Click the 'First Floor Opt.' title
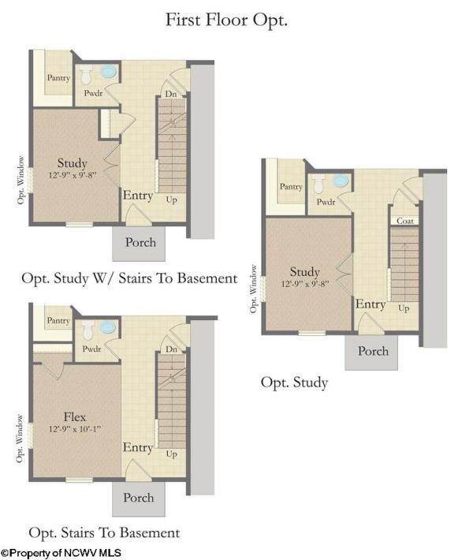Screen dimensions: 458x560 point(226,20)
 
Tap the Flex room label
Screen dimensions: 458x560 point(75,416)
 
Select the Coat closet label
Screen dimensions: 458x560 point(405,221)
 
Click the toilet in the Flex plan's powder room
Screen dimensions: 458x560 point(88,330)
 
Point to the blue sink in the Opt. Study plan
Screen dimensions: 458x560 point(341,181)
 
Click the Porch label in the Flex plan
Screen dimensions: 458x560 point(139,498)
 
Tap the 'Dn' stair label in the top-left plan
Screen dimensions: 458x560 point(171,94)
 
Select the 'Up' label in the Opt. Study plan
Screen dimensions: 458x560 point(404,308)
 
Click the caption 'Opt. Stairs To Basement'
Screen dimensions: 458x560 point(104,532)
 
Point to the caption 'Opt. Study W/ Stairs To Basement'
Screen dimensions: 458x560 point(129,278)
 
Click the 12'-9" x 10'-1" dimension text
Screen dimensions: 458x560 point(75,428)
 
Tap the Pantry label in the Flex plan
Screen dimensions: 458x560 point(58,321)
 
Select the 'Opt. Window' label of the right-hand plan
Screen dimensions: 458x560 point(253,289)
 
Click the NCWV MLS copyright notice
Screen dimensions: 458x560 point(61,553)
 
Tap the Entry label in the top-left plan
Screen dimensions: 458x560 point(138,196)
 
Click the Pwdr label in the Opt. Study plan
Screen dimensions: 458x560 point(326,202)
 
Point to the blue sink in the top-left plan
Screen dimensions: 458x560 point(108,72)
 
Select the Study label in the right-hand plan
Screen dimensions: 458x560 point(304,272)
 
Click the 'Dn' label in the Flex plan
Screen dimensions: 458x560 point(171,349)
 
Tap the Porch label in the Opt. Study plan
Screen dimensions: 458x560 point(373,351)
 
